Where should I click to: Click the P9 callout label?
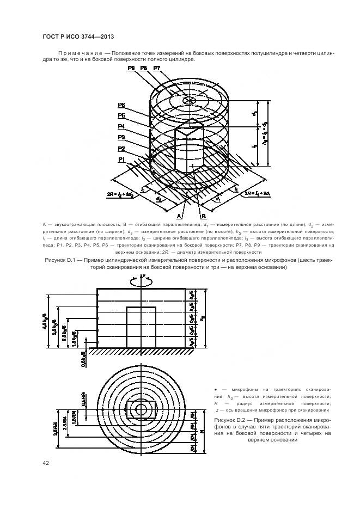coord(131,68)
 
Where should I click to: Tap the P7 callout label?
coord(157,68)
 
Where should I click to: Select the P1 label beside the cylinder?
coord(121,160)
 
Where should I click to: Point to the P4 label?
coord(121,126)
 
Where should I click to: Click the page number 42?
coord(46,463)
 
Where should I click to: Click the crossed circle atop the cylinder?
coord(188,102)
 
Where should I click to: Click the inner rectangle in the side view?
coord(141,327)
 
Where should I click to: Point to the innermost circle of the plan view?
coord(141,408)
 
